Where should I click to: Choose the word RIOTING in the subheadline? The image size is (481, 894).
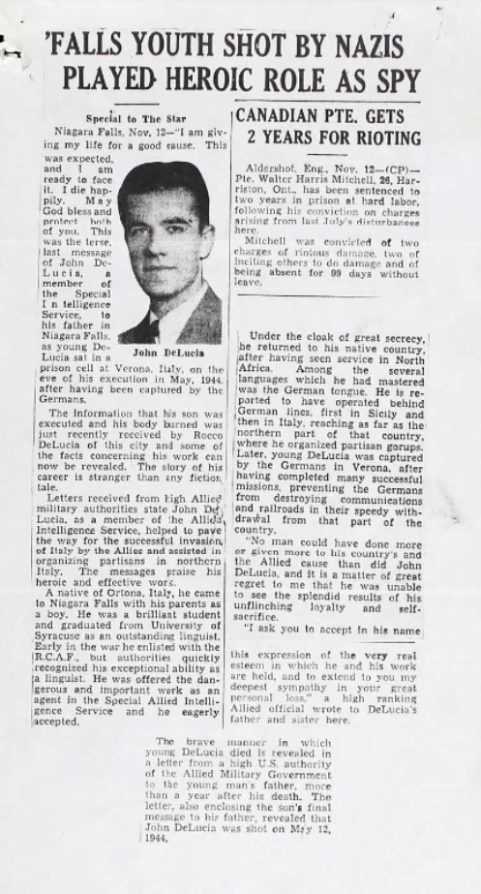(x=378, y=138)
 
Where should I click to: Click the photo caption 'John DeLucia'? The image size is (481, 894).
(x=161, y=354)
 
